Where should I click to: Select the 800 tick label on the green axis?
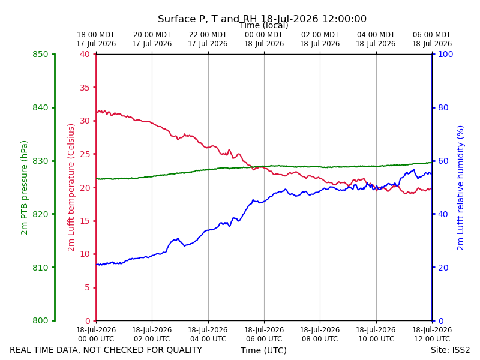coord(40,320)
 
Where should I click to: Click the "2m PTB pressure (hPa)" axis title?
coord(24,188)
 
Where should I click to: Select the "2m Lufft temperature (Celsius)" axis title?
coord(71,188)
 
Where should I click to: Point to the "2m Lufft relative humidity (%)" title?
coord(461,188)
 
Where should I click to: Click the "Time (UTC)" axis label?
coord(263,350)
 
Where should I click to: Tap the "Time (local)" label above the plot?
coord(264,25)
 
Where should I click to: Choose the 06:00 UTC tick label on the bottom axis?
coord(264,334)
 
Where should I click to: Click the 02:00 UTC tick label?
coord(152,334)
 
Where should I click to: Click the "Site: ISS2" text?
coord(451,350)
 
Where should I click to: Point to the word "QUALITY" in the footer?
coord(184,350)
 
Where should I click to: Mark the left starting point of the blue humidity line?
coord(97,265)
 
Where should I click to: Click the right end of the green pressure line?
coord(432,163)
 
